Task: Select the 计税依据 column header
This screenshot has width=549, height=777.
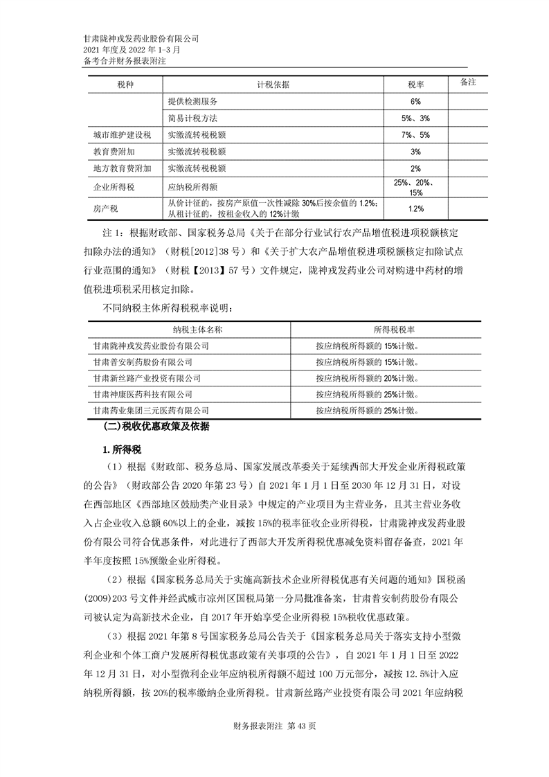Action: pos(273,84)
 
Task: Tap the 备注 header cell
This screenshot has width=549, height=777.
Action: pos(468,82)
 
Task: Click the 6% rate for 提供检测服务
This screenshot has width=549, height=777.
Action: pos(415,101)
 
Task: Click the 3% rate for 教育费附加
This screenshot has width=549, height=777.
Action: pos(415,151)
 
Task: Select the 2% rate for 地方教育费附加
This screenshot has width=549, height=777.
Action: pos(415,168)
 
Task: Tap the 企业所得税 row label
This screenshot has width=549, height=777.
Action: pos(114,187)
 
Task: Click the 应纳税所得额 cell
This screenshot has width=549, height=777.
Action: pos(192,187)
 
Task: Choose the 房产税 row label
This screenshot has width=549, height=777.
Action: pos(106,208)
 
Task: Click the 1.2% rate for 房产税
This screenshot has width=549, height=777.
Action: pos(415,208)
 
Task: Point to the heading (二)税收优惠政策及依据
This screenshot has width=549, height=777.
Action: pos(156,427)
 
